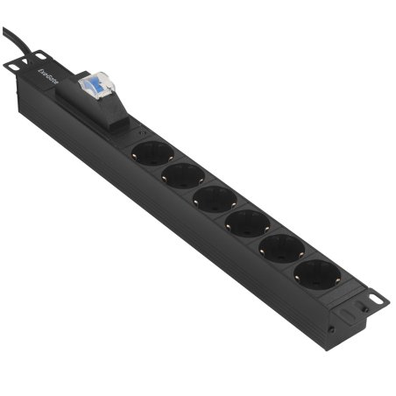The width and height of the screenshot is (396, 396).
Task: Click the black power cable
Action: [12, 40]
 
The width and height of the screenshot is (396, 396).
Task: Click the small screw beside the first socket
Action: [143, 134]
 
